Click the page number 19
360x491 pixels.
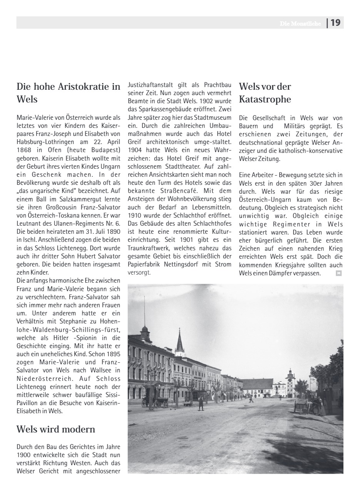(335, 23)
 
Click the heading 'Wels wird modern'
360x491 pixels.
(56, 429)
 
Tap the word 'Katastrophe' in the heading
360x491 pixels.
(265, 99)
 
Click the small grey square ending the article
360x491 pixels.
(338, 273)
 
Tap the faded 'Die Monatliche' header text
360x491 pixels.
(300, 23)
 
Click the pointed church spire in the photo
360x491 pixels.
(179, 341)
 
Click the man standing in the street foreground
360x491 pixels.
(201, 403)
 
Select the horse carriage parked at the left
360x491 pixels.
(154, 401)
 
